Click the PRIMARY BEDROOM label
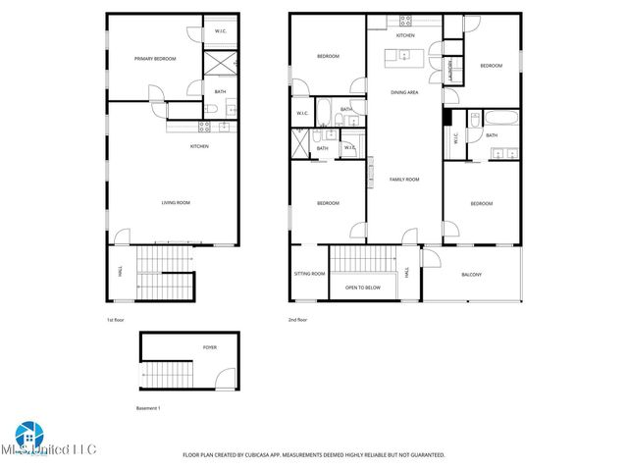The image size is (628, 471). click(155, 59)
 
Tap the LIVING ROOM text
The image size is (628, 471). click(176, 203)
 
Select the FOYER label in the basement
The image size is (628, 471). click(210, 347)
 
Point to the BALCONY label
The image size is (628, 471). click(471, 274)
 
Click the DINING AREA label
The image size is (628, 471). click(405, 92)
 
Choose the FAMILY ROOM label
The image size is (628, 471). click(404, 180)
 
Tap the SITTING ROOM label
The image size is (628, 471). click(309, 274)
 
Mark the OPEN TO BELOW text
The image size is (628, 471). click(362, 288)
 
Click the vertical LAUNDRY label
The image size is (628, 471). click(450, 72)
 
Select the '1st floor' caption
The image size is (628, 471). click(116, 321)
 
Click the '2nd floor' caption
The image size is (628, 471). click(298, 321)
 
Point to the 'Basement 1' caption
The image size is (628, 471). click(147, 407)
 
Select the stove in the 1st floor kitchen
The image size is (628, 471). click(204, 126)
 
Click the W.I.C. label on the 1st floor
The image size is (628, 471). click(221, 32)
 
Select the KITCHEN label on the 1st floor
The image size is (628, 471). click(199, 146)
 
